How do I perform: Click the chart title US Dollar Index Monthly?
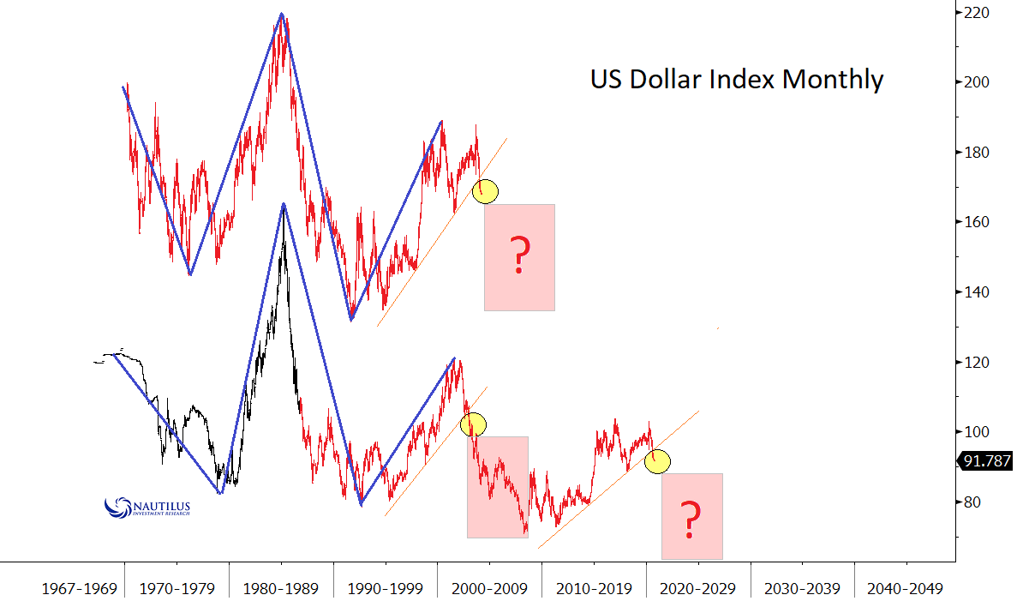[736, 80]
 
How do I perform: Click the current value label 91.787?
[987, 461]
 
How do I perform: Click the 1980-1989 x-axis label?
[280, 590]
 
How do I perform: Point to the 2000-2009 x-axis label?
[489, 590]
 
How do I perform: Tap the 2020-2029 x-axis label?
[698, 590]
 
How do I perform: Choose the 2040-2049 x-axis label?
[905, 590]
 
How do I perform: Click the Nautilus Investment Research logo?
[146, 508]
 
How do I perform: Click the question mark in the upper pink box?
[518, 255]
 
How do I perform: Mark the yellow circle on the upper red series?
[486, 191]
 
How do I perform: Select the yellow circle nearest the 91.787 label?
[658, 460]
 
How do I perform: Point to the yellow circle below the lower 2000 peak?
[473, 424]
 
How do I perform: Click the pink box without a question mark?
[497, 486]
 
